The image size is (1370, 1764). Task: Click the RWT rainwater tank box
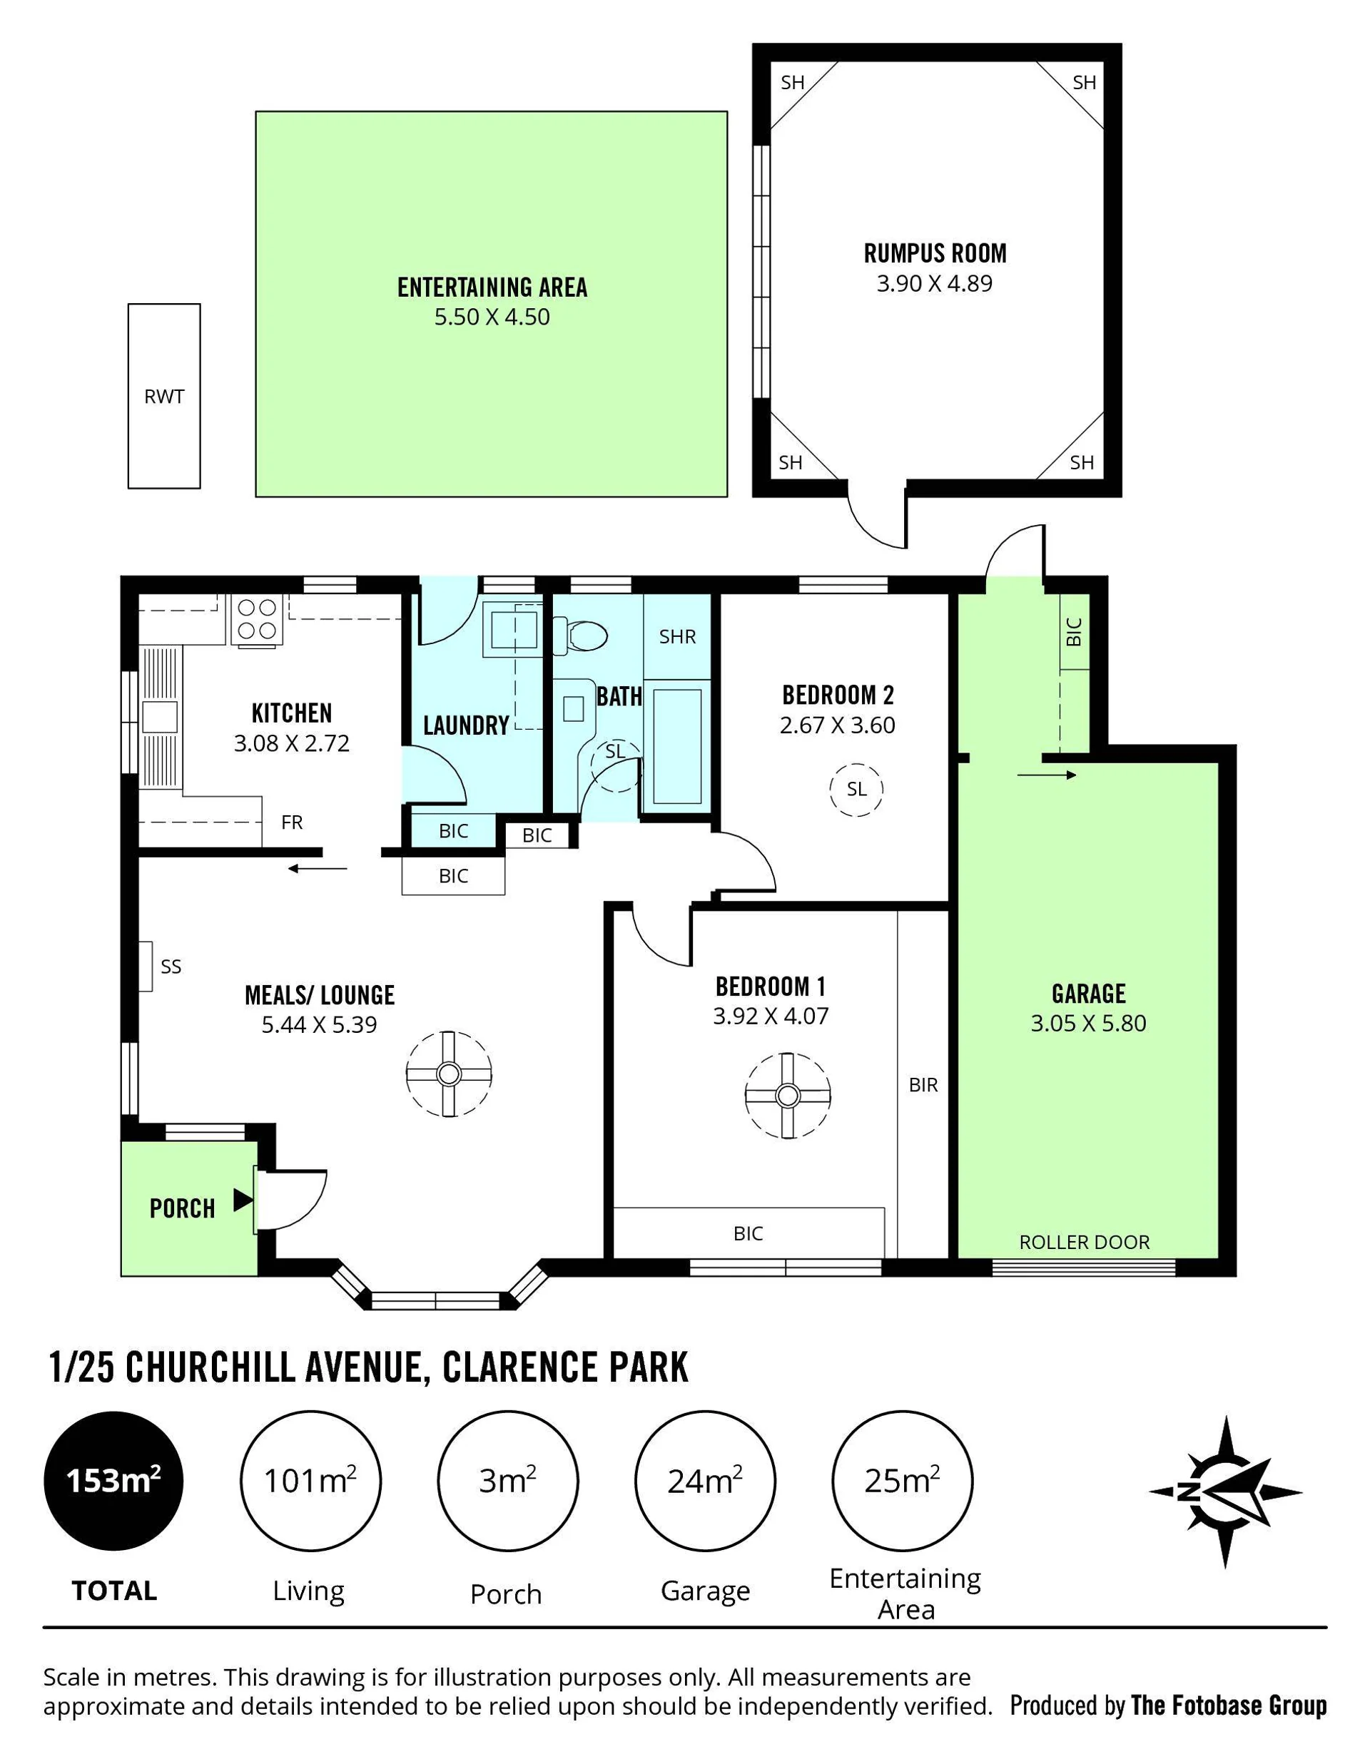[x=164, y=396]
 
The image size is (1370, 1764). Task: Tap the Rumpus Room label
[x=935, y=254]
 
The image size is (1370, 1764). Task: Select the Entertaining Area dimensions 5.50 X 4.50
[x=492, y=317]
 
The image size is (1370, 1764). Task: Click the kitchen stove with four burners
[x=258, y=619]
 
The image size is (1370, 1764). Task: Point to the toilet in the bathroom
[x=581, y=636]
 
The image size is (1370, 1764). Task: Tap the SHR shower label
[x=677, y=636]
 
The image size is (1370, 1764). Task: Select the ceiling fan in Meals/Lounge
[x=448, y=1074]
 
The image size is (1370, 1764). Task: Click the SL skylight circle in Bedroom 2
[x=856, y=789]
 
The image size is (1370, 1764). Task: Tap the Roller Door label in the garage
[x=1084, y=1243]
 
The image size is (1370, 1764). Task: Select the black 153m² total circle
[x=114, y=1482]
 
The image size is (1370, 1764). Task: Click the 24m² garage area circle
[x=705, y=1482]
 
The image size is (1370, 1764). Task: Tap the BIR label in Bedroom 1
[x=923, y=1085]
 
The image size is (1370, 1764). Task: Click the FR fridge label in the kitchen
[x=292, y=822]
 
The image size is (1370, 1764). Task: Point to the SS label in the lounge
[x=171, y=967]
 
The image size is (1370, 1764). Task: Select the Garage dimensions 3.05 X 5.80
[x=1088, y=1024]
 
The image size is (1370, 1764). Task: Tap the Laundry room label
[x=466, y=725]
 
